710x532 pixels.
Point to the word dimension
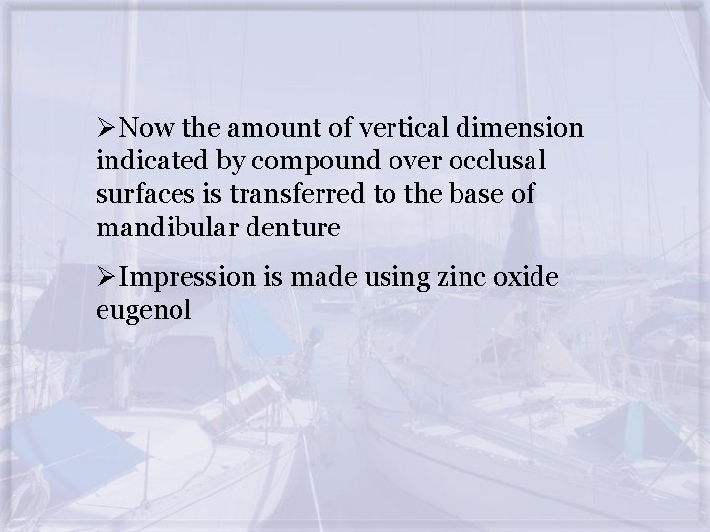tap(522, 130)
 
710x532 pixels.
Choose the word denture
tap(294, 228)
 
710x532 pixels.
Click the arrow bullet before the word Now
tap(106, 130)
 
